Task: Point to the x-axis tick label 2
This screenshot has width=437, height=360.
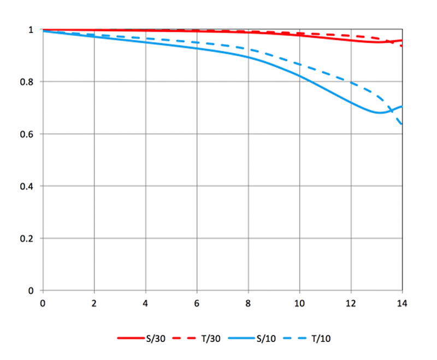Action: pyautogui.click(x=94, y=302)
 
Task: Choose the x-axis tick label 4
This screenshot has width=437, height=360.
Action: pyautogui.click(x=145, y=302)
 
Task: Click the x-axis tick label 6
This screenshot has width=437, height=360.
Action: pyautogui.click(x=197, y=302)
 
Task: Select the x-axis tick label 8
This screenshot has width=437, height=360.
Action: pyautogui.click(x=248, y=302)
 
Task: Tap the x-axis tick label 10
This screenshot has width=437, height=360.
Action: pyautogui.click(x=299, y=302)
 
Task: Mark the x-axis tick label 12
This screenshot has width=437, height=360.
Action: pyautogui.click(x=351, y=302)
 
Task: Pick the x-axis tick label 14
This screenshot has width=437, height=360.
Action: pyautogui.click(x=402, y=302)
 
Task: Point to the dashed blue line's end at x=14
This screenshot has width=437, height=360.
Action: pyautogui.click(x=403, y=125)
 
